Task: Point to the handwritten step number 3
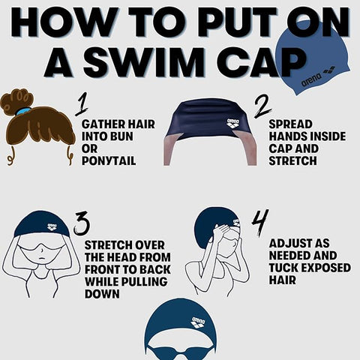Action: click(81, 223)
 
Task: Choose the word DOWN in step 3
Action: click(101, 295)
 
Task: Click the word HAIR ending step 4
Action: click(280, 280)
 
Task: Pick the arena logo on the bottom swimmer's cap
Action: click(198, 323)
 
